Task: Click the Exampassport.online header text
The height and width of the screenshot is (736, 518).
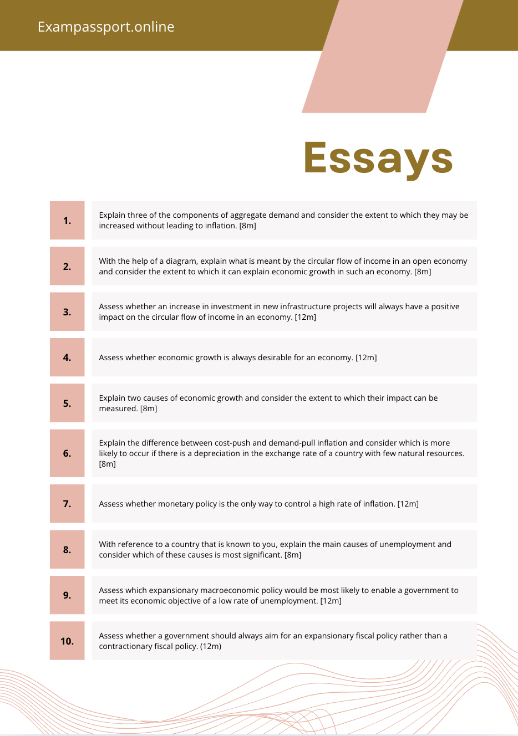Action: (x=106, y=27)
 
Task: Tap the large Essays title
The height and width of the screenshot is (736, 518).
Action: (x=378, y=158)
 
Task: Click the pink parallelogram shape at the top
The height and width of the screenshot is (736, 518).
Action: (x=383, y=55)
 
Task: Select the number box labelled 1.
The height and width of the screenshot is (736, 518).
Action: (x=67, y=221)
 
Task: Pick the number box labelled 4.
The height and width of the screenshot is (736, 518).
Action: (x=67, y=357)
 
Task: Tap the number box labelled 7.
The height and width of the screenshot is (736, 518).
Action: (x=67, y=504)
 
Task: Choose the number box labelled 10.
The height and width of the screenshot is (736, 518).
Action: (x=67, y=641)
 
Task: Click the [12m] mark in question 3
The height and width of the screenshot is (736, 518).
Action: (x=305, y=317)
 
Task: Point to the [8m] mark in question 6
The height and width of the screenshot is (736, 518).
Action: (x=108, y=464)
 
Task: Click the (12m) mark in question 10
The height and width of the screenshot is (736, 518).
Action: (x=211, y=646)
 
